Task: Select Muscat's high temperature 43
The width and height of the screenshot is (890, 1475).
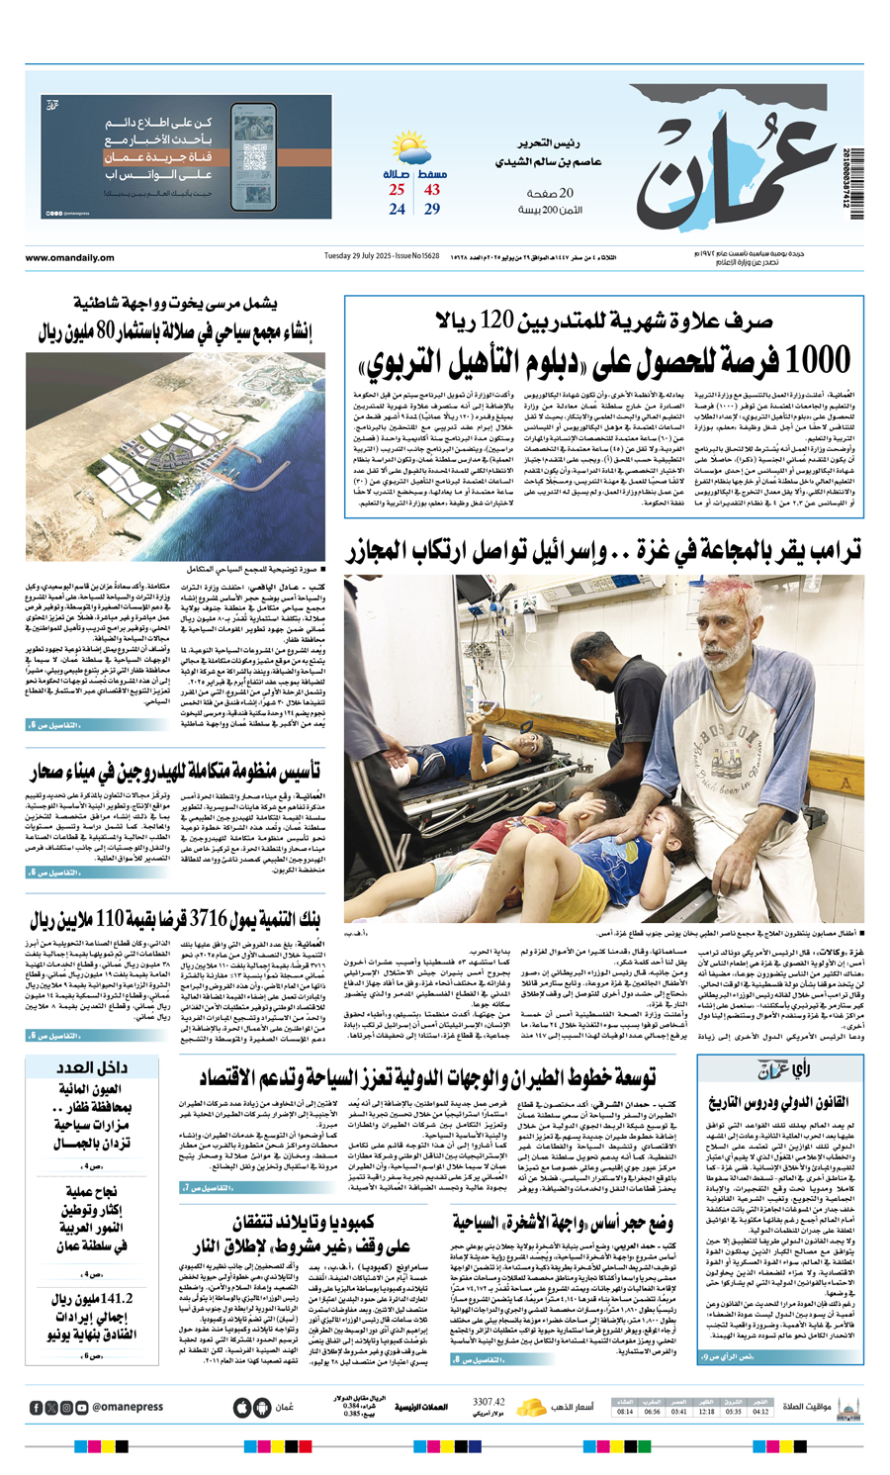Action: (432, 190)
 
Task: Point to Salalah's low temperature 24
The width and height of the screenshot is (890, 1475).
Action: (397, 209)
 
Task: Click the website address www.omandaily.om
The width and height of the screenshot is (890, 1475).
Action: (69, 258)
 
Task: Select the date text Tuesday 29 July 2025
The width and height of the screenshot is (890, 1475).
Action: (361, 257)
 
